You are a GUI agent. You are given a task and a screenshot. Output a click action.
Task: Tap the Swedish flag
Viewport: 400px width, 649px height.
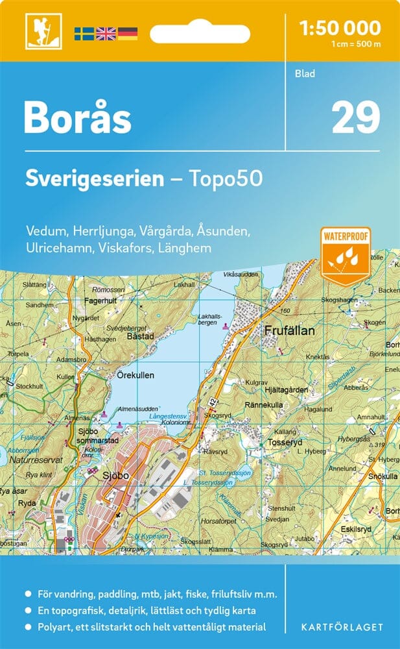point(84,34)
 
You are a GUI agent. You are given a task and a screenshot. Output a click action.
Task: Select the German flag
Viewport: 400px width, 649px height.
point(127,34)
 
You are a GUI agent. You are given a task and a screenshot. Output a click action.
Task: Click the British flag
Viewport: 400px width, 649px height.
point(105,34)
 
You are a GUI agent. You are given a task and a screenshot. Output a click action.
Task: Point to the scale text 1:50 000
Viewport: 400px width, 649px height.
point(340,27)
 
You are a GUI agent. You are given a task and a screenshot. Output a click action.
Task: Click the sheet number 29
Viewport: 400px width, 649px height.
point(355,118)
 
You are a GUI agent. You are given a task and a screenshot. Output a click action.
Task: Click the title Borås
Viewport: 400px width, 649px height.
point(78,118)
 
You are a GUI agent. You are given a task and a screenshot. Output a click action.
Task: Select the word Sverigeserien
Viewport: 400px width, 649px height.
point(95,179)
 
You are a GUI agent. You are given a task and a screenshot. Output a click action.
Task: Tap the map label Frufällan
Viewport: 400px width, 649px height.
point(289,331)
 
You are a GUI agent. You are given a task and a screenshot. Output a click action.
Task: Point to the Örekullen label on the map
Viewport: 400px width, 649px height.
point(138,375)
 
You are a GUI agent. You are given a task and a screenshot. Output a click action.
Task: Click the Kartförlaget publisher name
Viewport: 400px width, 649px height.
point(342,627)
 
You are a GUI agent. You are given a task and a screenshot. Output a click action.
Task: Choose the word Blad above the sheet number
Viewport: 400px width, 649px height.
point(305,74)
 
